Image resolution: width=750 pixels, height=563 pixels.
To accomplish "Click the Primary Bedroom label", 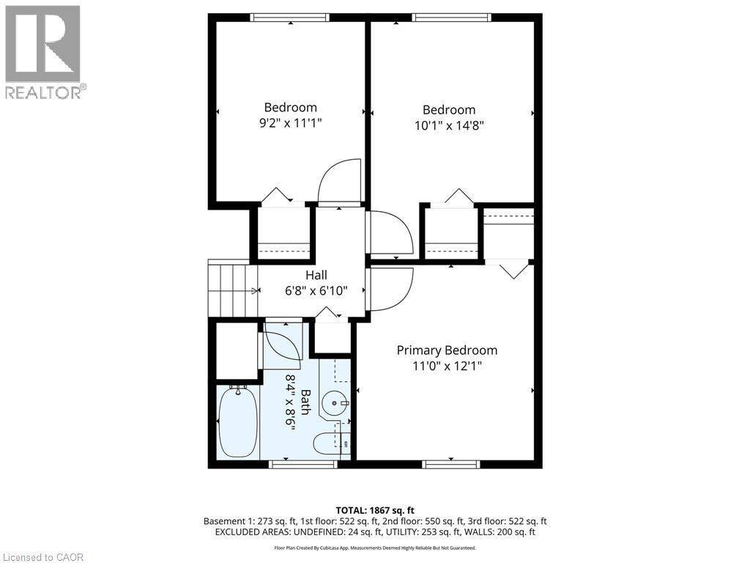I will coord(447,350).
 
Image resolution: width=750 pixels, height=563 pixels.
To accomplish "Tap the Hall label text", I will coord(316,275).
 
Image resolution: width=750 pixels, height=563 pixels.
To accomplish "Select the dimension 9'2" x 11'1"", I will coord(290,123).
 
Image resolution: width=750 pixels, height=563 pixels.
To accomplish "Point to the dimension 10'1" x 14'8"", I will coord(449,125).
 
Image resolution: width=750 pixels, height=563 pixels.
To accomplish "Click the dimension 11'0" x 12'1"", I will coord(447,366).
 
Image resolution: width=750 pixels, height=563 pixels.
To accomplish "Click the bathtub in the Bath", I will coord(238,424).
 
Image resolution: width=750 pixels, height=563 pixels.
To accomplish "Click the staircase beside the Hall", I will coord(231,290).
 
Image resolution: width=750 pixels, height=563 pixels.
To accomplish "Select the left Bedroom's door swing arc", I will coord(339,181).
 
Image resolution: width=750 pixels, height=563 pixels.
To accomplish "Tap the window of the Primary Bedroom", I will coord(452,464).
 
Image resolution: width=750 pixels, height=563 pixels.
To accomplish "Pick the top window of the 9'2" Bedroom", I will coord(290,18).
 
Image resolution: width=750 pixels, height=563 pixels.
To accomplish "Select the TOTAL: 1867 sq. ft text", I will coord(375,510).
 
